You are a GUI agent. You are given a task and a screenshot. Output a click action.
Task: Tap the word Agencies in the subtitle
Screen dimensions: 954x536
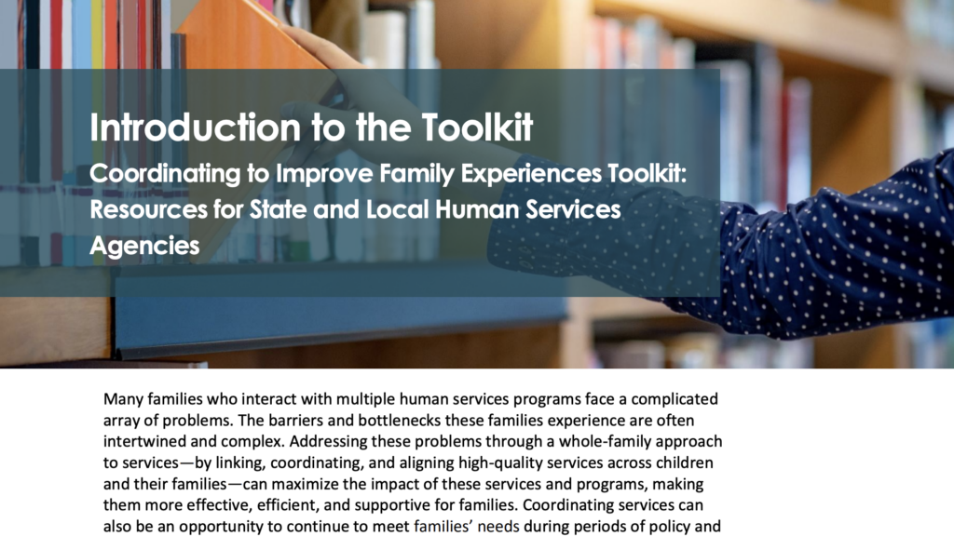tap(144, 246)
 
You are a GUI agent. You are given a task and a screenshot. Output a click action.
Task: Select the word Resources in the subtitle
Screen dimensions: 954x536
tap(149, 209)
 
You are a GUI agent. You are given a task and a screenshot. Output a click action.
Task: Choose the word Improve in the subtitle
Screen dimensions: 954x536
tap(324, 174)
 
